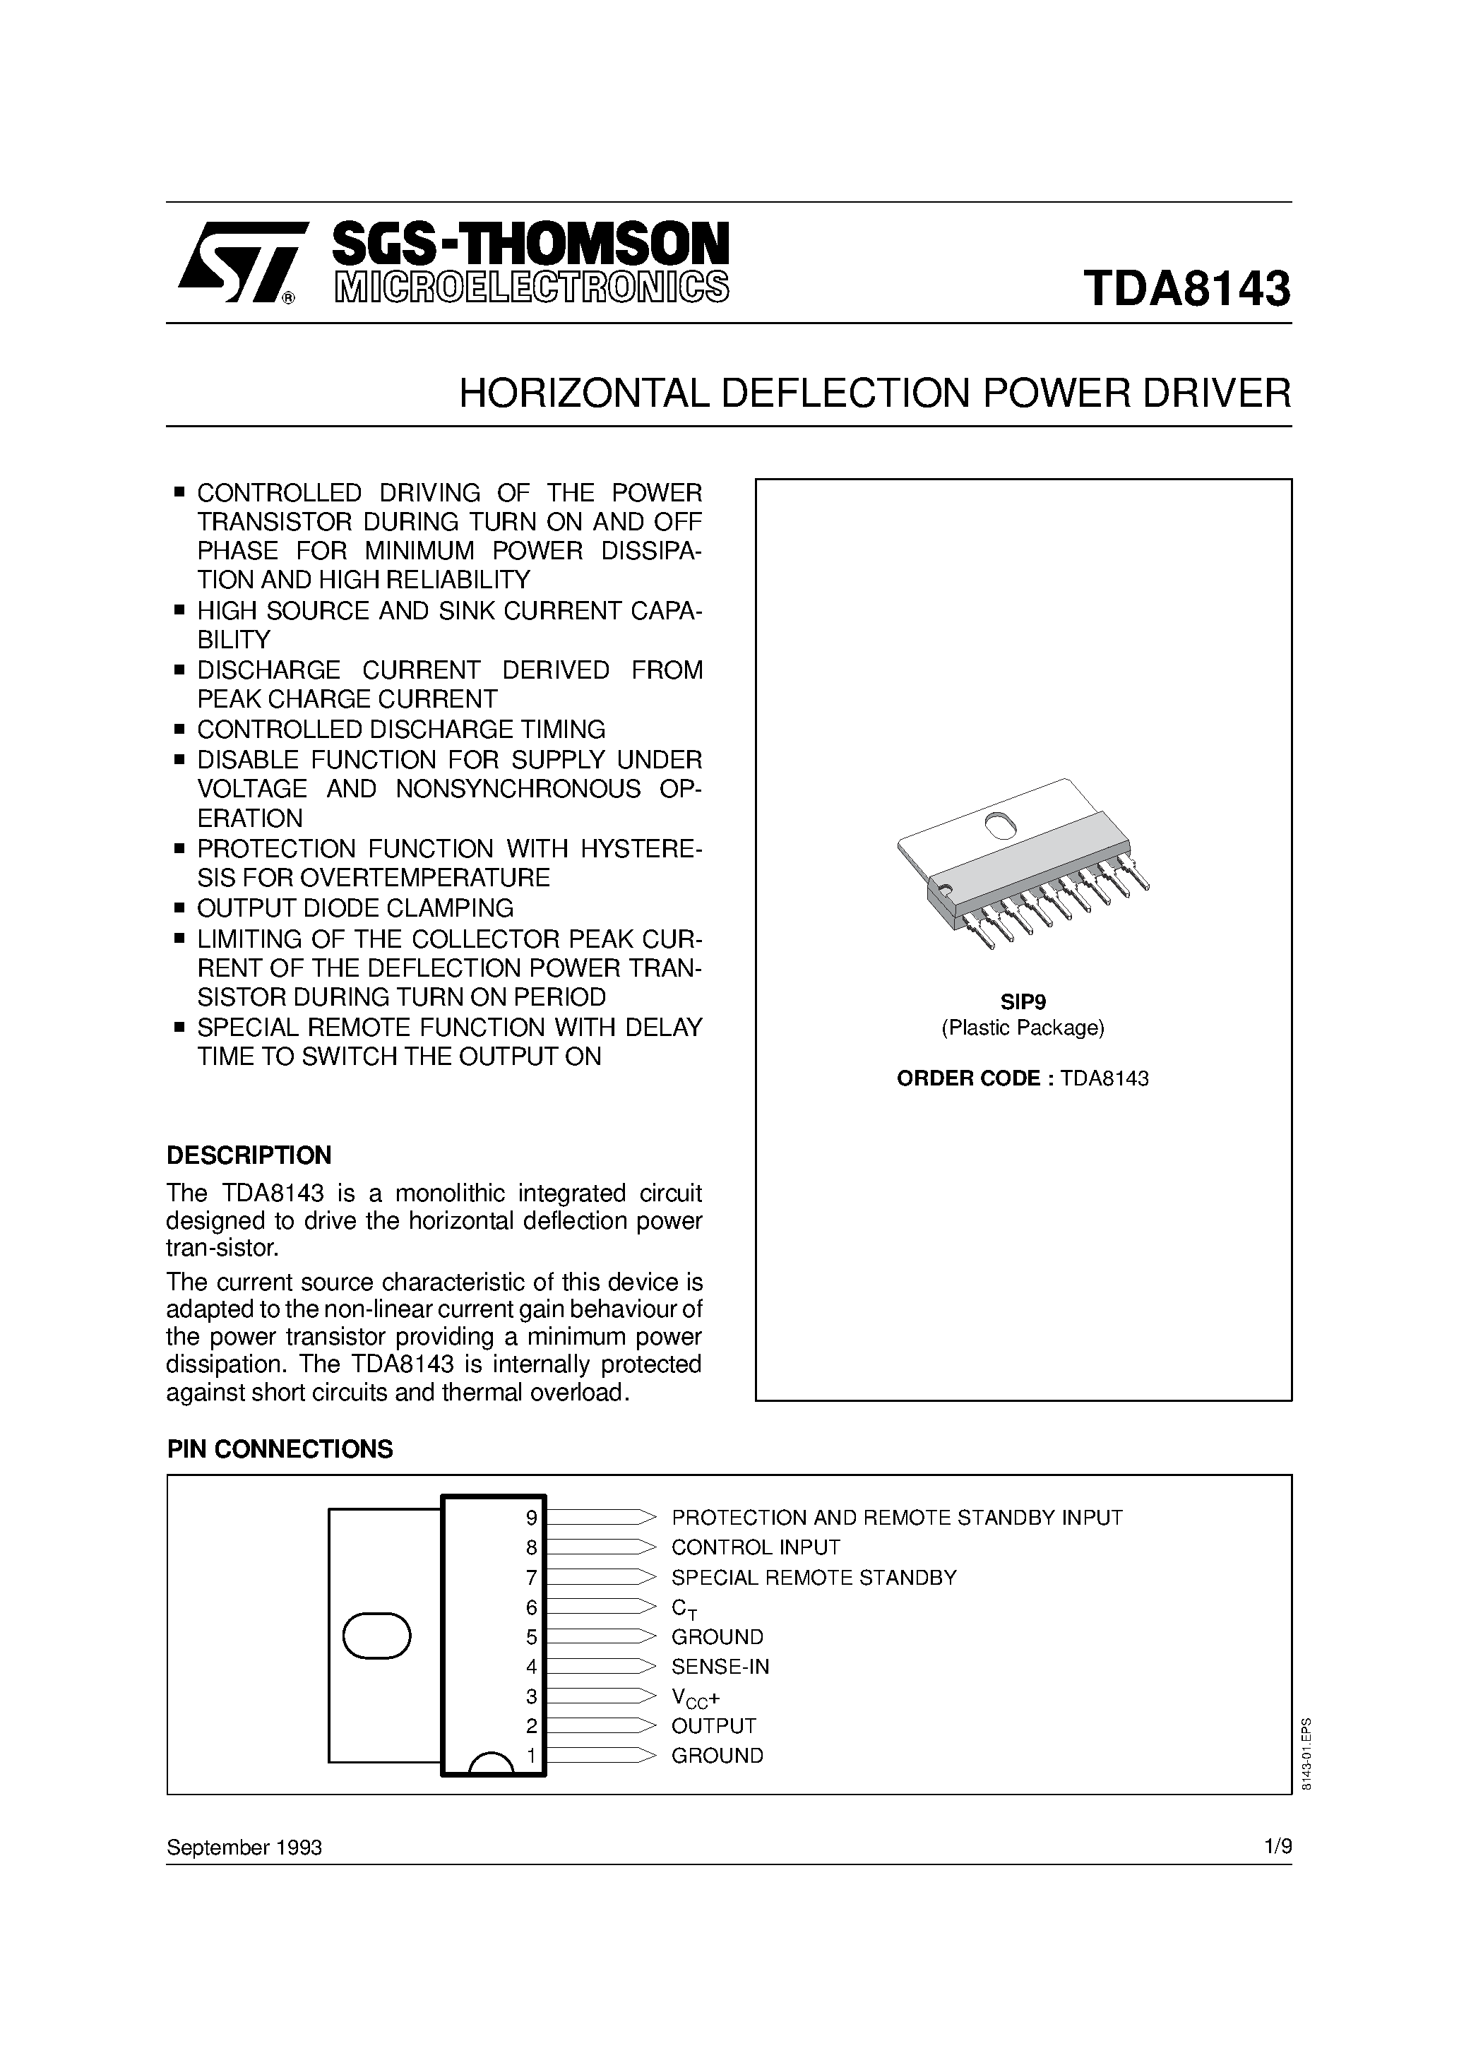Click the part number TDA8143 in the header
pos(1187,290)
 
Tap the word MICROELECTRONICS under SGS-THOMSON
pos(531,286)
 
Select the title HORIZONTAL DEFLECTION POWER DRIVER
pos(874,394)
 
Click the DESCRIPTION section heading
pos(249,1155)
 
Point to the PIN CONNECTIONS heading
pos(280,1449)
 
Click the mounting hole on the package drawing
pos(999,825)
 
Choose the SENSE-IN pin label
pos(720,1667)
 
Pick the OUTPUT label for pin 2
pos(714,1726)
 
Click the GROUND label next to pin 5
pos(717,1637)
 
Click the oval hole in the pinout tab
pos(377,1636)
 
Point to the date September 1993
pos(244,1847)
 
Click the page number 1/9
pos(1278,1847)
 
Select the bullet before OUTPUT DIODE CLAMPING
pos(179,907)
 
